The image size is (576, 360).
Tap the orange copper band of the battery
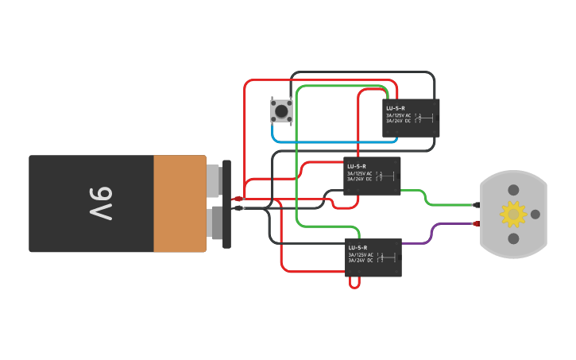pyautogui.click(x=180, y=203)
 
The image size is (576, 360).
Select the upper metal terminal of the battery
pyautogui.click(x=213, y=180)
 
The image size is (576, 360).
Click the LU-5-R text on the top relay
pyautogui.click(x=396, y=108)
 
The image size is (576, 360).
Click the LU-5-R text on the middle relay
pyautogui.click(x=357, y=166)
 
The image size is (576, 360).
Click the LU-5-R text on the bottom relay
pyautogui.click(x=358, y=248)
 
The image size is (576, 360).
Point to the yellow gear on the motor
pyautogui.click(x=512, y=214)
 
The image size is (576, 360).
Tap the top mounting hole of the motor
pyautogui.click(x=513, y=190)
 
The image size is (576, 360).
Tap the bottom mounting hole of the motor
pyautogui.click(x=513, y=238)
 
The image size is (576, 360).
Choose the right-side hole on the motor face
pyautogui.click(x=535, y=214)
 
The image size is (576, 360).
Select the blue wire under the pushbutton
pyautogui.click(x=334, y=141)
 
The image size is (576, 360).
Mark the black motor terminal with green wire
pyautogui.click(x=477, y=204)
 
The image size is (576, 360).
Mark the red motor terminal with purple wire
pyautogui.click(x=477, y=223)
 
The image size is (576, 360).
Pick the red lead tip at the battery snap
pyautogui.click(x=238, y=199)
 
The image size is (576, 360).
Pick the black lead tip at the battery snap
pyautogui.click(x=238, y=208)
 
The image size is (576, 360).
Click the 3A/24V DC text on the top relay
pyautogui.click(x=398, y=121)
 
